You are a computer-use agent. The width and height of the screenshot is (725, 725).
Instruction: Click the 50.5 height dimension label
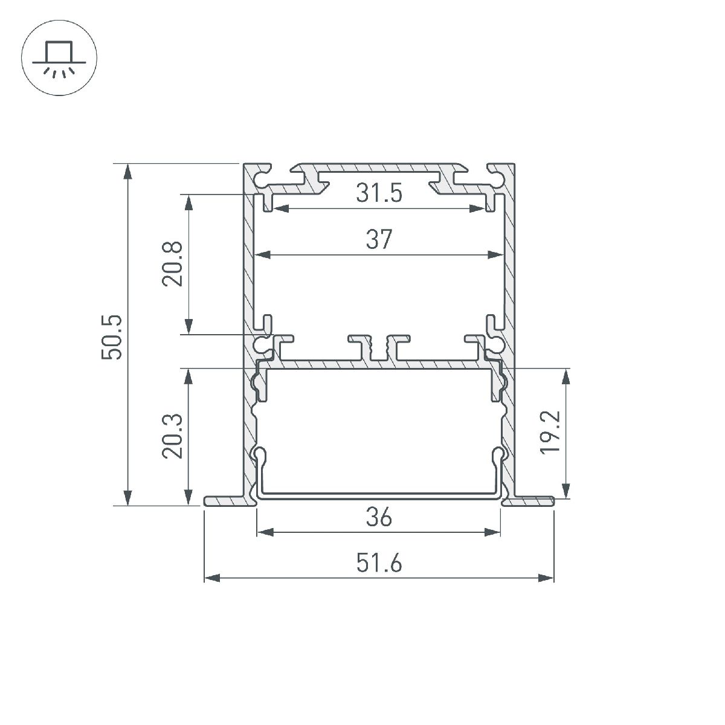pos(113,337)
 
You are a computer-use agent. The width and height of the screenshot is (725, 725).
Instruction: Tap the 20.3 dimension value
pos(172,436)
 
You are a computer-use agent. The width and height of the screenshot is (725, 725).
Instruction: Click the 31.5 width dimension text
pos(379,194)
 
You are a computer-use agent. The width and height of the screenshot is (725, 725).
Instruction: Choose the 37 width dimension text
pos(379,240)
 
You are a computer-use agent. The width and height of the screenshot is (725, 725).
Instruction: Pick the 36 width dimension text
pos(379,518)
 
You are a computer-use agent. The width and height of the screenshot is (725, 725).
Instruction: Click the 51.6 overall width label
pos(379,564)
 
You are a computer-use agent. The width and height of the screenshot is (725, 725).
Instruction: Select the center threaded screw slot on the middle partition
pos(379,349)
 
